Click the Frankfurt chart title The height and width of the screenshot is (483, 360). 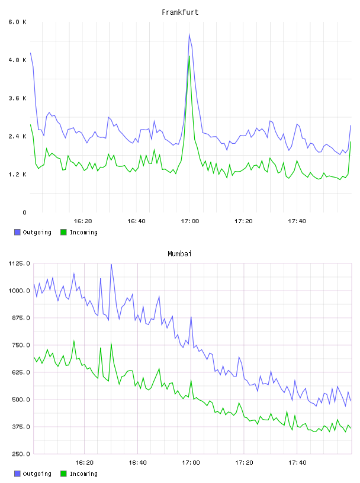coord(180,12)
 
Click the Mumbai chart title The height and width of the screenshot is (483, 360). coord(179,254)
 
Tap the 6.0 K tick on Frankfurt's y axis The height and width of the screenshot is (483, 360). coord(17,22)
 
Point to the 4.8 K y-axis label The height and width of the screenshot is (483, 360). coord(17,60)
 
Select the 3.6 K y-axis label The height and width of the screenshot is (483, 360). coord(17,98)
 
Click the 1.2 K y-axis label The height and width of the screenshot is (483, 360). coord(17,175)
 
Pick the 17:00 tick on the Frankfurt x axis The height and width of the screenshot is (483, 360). coord(190,221)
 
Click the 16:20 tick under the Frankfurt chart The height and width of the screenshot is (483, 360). coord(83,221)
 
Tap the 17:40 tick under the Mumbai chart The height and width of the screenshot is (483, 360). coord(297,463)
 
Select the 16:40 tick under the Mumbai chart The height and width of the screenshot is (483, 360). coord(137,463)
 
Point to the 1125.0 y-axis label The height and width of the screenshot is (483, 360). coord(19,263)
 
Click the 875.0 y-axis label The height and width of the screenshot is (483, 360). coord(19,318)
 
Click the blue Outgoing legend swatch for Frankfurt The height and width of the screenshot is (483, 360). coord(17,232)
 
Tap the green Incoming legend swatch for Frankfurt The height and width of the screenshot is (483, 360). coord(63,232)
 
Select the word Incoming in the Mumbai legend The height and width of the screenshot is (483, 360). coord(83,474)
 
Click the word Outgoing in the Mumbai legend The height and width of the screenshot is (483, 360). coord(37,474)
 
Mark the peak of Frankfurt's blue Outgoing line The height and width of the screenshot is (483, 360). coord(189,34)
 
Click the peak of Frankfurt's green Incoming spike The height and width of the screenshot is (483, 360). coord(189,56)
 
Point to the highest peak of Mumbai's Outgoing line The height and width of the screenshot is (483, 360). coord(111,265)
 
